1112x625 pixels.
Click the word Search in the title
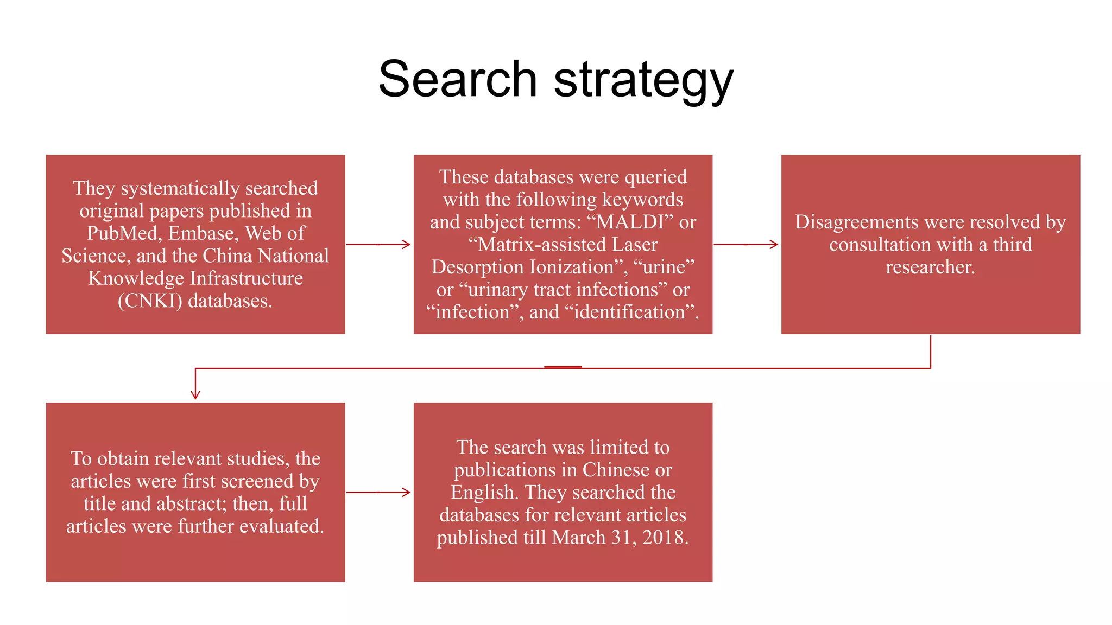(x=458, y=79)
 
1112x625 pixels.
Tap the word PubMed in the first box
(x=122, y=233)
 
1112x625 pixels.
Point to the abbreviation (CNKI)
(x=150, y=301)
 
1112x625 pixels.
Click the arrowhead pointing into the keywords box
(x=406, y=244)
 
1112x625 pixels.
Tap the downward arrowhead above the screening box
(x=195, y=394)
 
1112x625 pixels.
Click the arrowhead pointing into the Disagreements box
(x=773, y=244)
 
